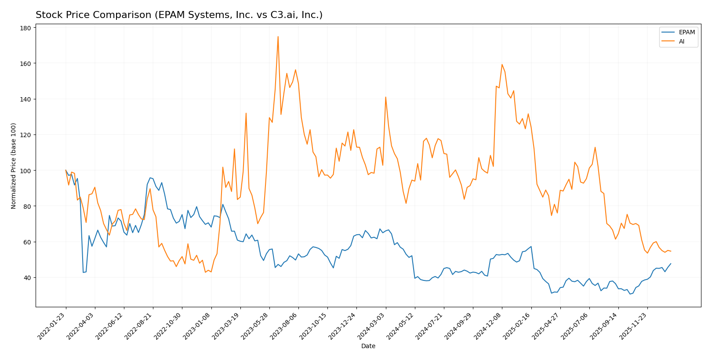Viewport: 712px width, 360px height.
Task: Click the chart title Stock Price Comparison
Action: coord(179,15)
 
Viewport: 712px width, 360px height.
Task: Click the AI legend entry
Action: coord(681,42)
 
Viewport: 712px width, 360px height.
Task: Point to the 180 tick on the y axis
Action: coord(25,28)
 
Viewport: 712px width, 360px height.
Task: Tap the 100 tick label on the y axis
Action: coord(25,171)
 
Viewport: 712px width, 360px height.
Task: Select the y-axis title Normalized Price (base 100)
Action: coord(14,166)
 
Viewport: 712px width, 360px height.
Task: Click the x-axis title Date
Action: coord(368,346)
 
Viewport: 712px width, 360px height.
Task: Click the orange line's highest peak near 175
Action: coord(278,37)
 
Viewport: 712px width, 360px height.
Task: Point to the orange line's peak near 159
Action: coord(502,65)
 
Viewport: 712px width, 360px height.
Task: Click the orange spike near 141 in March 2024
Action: coord(385,97)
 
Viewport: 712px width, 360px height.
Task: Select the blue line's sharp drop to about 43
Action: coord(84,272)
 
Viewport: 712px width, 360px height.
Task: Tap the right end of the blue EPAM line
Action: coord(671,264)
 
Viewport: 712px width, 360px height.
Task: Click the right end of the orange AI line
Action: coord(671,251)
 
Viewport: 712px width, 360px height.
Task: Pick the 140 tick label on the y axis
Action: coord(25,99)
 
